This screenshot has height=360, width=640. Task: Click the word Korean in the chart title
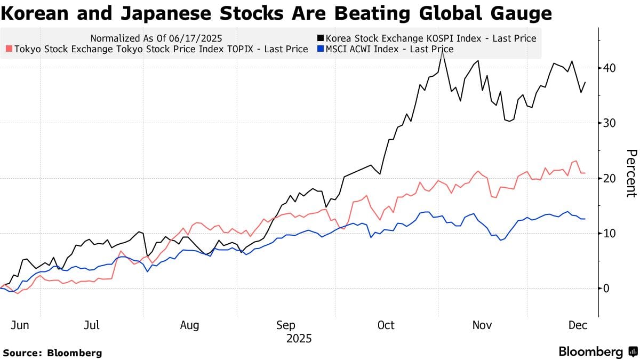coord(35,13)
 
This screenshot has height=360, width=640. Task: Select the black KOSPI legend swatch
coord(320,38)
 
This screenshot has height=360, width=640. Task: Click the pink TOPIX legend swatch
coord(9,49)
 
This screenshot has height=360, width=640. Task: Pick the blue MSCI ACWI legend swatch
coord(320,49)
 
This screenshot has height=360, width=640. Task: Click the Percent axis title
coord(631,173)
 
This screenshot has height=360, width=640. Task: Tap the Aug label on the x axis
coord(189,325)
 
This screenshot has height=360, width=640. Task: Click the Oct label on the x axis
coord(385,325)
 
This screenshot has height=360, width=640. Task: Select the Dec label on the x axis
coord(577,325)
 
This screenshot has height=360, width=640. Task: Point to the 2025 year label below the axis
coord(299,339)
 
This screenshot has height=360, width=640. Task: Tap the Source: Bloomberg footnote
coord(52,353)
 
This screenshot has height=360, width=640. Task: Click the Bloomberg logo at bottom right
coord(598,352)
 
